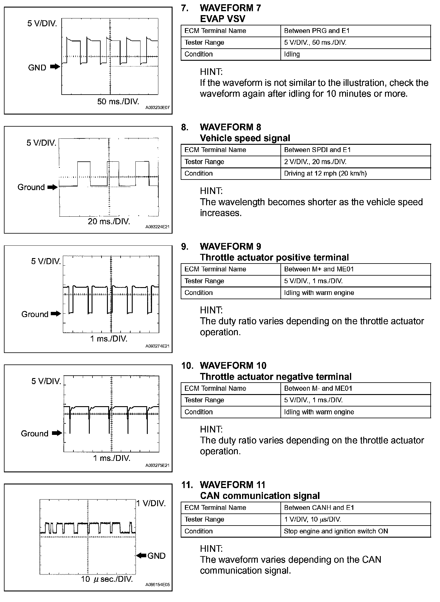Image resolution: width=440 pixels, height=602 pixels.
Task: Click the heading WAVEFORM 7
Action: tap(230, 8)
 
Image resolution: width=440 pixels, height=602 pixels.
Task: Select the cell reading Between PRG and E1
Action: tap(317, 31)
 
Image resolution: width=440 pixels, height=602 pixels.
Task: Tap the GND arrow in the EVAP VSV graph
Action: tap(55, 67)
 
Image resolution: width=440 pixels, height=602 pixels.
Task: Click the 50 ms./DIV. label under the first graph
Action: tap(118, 102)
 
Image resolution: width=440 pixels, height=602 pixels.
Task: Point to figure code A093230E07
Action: tap(157, 108)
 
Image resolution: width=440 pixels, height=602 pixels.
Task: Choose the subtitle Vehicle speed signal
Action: tap(245, 138)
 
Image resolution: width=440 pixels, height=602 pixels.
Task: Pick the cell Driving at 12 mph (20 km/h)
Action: tap(325, 173)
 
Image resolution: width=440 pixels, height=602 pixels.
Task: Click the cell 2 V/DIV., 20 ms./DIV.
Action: tap(315, 162)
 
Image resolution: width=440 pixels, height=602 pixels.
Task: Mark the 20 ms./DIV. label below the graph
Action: tap(109, 222)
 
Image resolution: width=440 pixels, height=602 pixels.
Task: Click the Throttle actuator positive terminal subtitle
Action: tap(274, 257)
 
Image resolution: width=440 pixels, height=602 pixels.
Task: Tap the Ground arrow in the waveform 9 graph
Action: tap(56, 314)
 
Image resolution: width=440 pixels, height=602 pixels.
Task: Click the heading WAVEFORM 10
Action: tap(233, 366)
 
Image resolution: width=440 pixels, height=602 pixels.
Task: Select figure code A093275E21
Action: tap(157, 466)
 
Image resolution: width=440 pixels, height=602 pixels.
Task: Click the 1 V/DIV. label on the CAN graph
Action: tap(151, 503)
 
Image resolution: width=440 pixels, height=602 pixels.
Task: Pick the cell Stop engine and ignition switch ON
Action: tap(336, 531)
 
